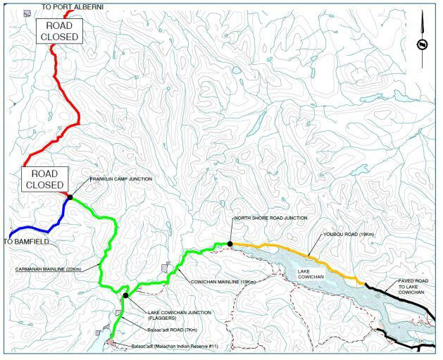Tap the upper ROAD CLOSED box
[58, 30]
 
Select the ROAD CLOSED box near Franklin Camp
[44, 179]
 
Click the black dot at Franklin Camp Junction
[70, 197]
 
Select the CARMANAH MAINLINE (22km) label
[47, 268]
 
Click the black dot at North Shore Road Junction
[230, 244]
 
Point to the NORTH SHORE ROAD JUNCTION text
[271, 218]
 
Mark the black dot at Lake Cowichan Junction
[125, 295]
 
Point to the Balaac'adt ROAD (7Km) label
[154, 329]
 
